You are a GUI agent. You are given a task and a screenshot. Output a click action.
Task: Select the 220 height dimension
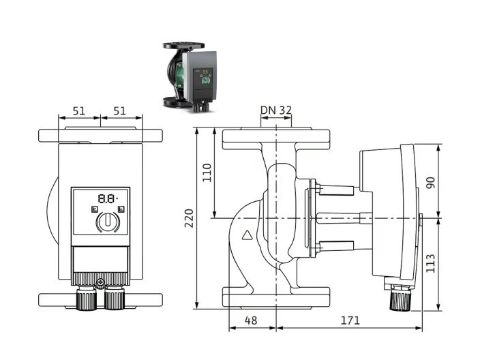[x=189, y=218]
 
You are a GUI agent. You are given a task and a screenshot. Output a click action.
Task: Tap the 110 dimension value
[x=207, y=174]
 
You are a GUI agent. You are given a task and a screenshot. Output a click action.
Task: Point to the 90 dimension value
[x=430, y=182]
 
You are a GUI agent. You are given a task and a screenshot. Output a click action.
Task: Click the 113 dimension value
[x=430, y=262]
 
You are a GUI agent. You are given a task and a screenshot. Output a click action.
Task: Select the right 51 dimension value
[x=120, y=110]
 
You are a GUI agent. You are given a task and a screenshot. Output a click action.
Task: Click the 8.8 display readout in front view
[x=107, y=199]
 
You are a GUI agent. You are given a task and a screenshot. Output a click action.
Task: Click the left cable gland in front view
[x=86, y=299]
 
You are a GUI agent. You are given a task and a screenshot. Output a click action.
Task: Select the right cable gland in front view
[x=115, y=299]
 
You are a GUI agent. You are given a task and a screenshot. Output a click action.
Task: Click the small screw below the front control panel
[x=101, y=283]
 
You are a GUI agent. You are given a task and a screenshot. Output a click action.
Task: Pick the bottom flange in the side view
[x=276, y=298]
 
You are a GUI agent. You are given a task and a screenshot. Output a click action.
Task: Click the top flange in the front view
[x=100, y=135]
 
